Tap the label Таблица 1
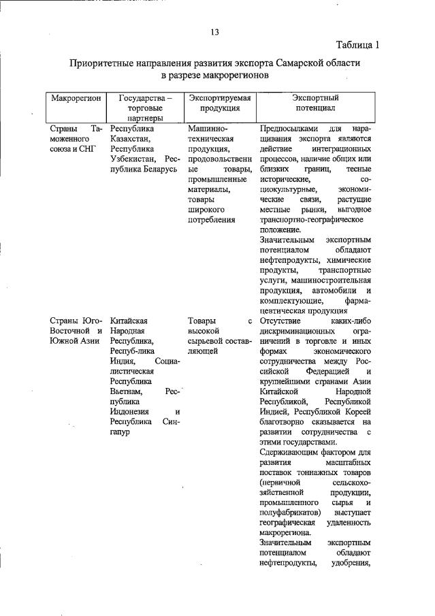click(x=357, y=46)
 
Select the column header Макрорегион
click(x=76, y=98)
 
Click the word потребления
click(x=212, y=220)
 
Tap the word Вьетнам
click(x=127, y=392)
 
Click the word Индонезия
click(x=133, y=411)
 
